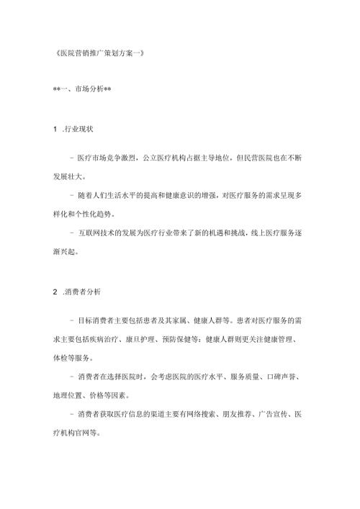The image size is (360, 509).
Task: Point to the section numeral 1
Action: pos(55,128)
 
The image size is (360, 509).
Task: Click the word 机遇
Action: pos(237,234)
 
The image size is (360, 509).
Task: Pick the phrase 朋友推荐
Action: pos(250,416)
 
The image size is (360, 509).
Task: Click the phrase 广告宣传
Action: pos(289,416)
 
